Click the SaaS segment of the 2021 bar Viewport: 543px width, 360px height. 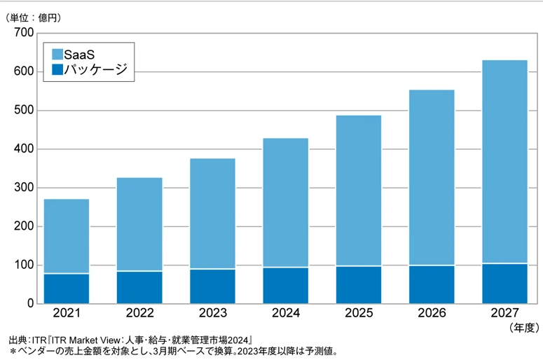pos(67,236)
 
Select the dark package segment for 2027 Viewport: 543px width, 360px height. pos(504,284)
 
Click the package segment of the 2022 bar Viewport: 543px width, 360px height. pos(139,287)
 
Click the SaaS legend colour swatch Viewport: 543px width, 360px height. pos(57,53)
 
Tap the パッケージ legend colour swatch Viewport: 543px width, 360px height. pos(57,69)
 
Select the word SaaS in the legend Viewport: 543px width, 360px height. pos(78,53)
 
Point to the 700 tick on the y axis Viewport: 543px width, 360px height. pos(24,33)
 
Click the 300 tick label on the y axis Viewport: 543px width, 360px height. pos(24,188)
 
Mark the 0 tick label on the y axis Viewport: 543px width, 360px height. pos(30,304)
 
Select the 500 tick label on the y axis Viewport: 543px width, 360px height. pos(24,111)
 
